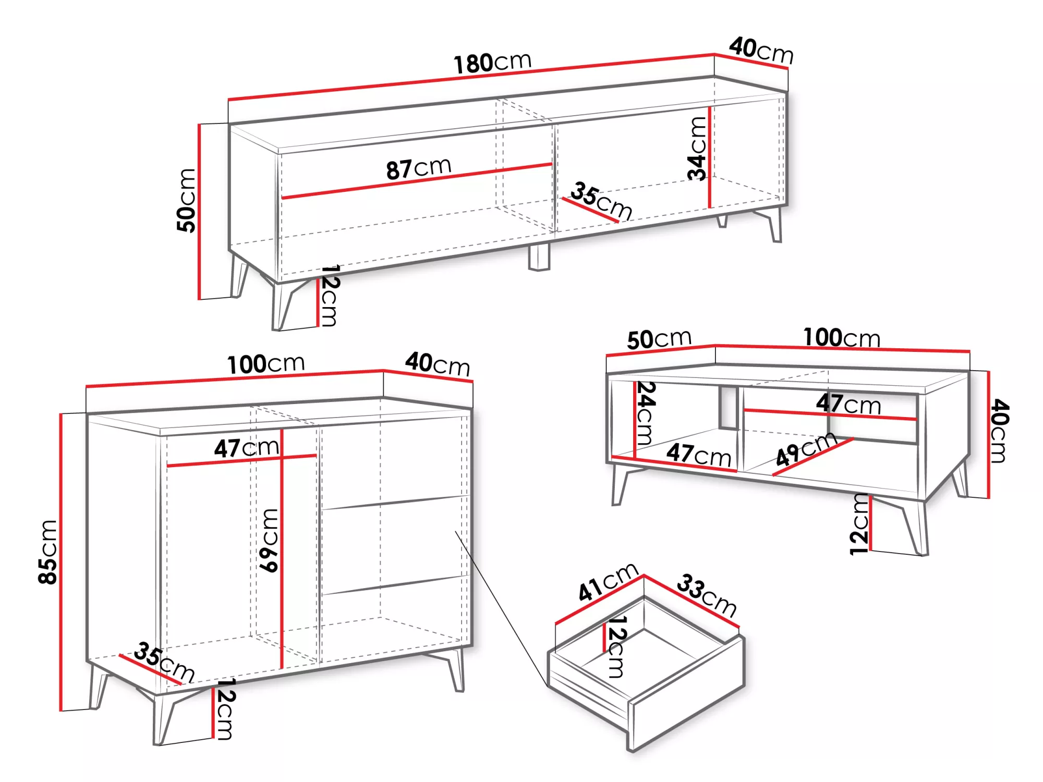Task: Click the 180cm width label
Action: pyautogui.click(x=492, y=63)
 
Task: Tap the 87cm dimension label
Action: pyautogui.click(x=419, y=168)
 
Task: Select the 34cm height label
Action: pyautogui.click(x=697, y=149)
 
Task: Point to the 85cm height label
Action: pyautogui.click(x=47, y=552)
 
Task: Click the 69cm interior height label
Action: pyautogui.click(x=269, y=541)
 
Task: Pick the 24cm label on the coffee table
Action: pyautogui.click(x=646, y=413)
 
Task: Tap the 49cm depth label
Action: pyautogui.click(x=806, y=449)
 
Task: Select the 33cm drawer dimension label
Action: pyautogui.click(x=707, y=595)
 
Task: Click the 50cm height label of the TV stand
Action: pyautogui.click(x=186, y=200)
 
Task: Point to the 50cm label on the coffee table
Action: pyautogui.click(x=659, y=339)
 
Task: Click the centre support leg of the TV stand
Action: pyautogui.click(x=539, y=257)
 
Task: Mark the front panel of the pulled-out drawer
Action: pyautogui.click(x=687, y=694)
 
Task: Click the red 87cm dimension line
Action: pyautogui.click(x=417, y=181)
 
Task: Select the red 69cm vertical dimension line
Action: pyautogui.click(x=282, y=548)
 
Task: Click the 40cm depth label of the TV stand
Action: pyautogui.click(x=761, y=50)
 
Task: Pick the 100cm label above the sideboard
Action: pyautogui.click(x=266, y=363)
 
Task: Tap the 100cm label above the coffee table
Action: pyautogui.click(x=842, y=337)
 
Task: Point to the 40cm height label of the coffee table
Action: pyautogui.click(x=1000, y=431)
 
